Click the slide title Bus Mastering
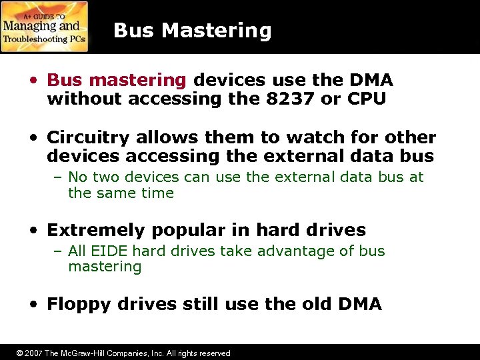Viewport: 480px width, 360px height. pyautogui.click(x=193, y=31)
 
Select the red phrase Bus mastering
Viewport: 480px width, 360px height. pyautogui.click(x=117, y=81)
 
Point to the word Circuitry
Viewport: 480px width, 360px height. pyautogui.click(x=89, y=138)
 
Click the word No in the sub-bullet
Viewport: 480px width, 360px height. pyautogui.click(x=77, y=177)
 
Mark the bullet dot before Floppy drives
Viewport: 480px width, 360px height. pyautogui.click(x=33, y=305)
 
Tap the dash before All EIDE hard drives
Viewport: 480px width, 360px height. pyautogui.click(x=59, y=251)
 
